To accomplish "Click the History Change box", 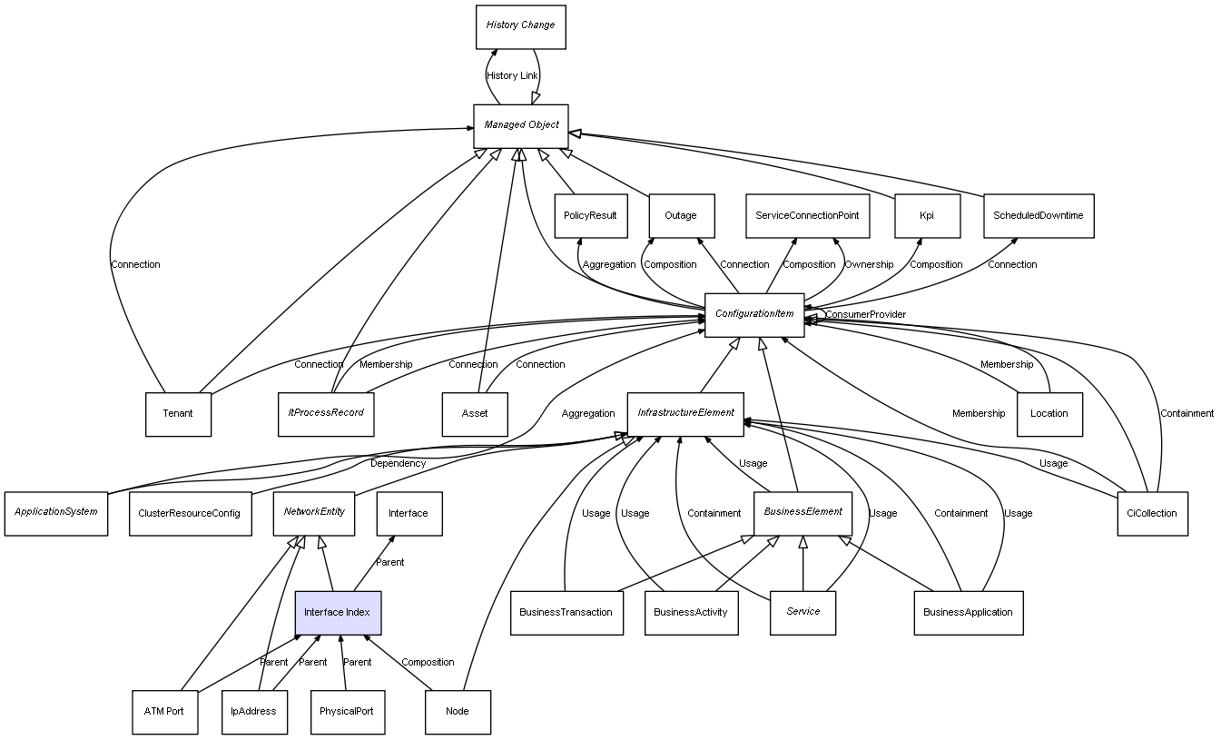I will coord(521,26).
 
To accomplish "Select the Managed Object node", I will coord(521,125).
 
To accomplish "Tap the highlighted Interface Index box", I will coord(338,613).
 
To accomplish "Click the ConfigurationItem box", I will coord(754,314).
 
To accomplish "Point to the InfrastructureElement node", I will coord(685,413).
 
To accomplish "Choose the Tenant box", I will coord(178,414).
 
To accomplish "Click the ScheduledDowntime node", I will coord(1039,216).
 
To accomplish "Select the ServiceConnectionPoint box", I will coord(807,216).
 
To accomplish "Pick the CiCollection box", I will coord(1152,513).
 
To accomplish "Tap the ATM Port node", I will coord(164,712).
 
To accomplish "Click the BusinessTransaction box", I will coord(566,613).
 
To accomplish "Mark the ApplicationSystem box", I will coord(56,512).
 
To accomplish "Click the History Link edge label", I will coord(512,76).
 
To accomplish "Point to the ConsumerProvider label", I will coord(865,315).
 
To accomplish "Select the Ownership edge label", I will coord(869,265).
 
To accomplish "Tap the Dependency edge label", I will coord(398,464).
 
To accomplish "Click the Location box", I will coord(1049,414).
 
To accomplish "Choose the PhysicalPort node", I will coord(346,712).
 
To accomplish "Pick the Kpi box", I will coord(926,216).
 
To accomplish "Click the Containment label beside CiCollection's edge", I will coord(1187,414).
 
